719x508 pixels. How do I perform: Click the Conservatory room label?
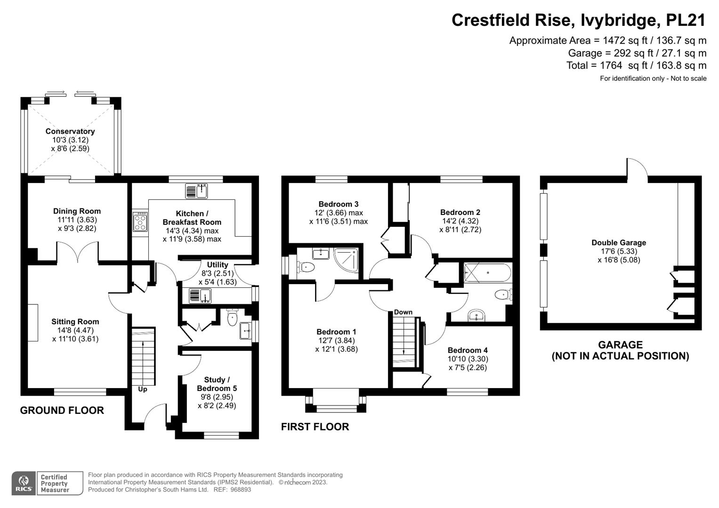tap(70, 131)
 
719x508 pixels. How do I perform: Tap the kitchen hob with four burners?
tap(140, 222)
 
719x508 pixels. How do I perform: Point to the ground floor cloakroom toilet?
tap(232, 318)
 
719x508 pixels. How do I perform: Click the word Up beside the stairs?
tap(142, 389)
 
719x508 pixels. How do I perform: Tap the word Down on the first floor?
tap(403, 312)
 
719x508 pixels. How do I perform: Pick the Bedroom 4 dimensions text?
tap(468, 363)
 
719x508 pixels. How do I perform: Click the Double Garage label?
tap(619, 243)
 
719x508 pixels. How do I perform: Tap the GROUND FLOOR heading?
tap(62, 410)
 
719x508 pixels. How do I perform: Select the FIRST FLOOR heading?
tap(315, 427)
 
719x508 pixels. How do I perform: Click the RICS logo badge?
tap(24, 483)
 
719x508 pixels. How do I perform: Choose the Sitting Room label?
tap(75, 322)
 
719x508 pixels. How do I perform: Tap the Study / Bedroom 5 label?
tap(217, 384)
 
